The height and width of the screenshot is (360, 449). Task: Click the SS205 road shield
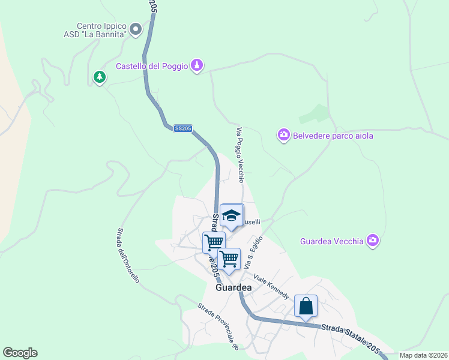[182, 128]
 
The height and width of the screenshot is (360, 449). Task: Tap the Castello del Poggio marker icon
[197, 65]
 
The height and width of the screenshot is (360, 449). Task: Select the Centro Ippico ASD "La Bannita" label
[101, 31]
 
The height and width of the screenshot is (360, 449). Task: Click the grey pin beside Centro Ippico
[136, 28]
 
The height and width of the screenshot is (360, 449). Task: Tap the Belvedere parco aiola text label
[333, 136]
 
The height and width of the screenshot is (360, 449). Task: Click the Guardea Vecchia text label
[331, 241]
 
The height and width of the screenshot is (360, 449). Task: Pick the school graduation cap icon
[231, 215]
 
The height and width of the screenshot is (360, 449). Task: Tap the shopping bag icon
[306, 306]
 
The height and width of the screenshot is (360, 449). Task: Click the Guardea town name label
[233, 287]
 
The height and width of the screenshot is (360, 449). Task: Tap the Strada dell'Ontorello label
[128, 255]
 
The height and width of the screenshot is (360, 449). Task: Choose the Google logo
[20, 353]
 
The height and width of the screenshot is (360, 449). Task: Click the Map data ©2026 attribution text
[423, 355]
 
